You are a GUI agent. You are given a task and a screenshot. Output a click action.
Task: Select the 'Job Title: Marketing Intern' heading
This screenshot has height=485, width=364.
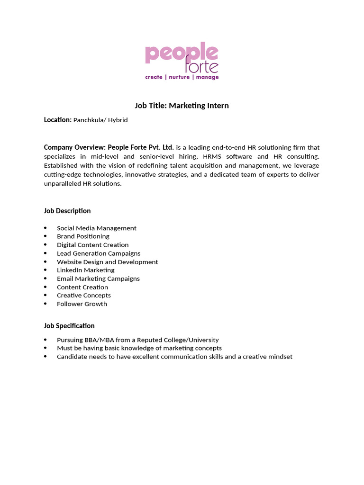(x=182, y=106)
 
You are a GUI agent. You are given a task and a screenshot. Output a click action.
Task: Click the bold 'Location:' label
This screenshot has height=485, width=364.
(x=58, y=120)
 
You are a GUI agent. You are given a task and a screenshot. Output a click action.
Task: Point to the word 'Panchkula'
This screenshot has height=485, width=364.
(x=89, y=120)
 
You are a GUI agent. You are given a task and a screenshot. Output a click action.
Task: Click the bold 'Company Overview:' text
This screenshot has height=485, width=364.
(x=75, y=147)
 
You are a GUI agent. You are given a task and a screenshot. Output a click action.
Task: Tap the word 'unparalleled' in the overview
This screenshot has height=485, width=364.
(x=64, y=183)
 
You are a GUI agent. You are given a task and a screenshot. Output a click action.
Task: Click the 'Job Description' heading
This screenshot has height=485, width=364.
(x=67, y=211)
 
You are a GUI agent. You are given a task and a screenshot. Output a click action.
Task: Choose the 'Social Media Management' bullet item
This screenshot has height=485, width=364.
(x=97, y=228)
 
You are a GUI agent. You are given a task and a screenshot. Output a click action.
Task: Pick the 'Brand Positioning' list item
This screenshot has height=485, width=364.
(x=83, y=236)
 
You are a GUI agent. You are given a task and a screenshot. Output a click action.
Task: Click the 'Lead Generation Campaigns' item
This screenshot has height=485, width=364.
(x=99, y=253)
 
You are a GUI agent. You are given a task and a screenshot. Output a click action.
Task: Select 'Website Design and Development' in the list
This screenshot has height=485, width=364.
(x=107, y=262)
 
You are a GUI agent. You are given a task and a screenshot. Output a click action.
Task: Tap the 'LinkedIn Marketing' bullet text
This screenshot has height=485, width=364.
(x=86, y=270)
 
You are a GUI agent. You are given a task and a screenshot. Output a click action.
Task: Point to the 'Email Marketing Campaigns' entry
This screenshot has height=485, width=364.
(x=98, y=278)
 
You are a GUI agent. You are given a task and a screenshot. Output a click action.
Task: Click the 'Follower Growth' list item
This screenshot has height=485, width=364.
(x=82, y=304)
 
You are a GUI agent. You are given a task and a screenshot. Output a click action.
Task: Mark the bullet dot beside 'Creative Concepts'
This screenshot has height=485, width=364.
(x=45, y=296)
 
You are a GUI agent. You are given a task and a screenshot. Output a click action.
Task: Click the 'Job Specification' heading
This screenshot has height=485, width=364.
(x=69, y=326)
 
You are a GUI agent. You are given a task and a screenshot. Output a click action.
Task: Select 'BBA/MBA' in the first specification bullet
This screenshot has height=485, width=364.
(x=96, y=340)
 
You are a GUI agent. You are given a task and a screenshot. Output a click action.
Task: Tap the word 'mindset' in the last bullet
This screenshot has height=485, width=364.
(x=280, y=357)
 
